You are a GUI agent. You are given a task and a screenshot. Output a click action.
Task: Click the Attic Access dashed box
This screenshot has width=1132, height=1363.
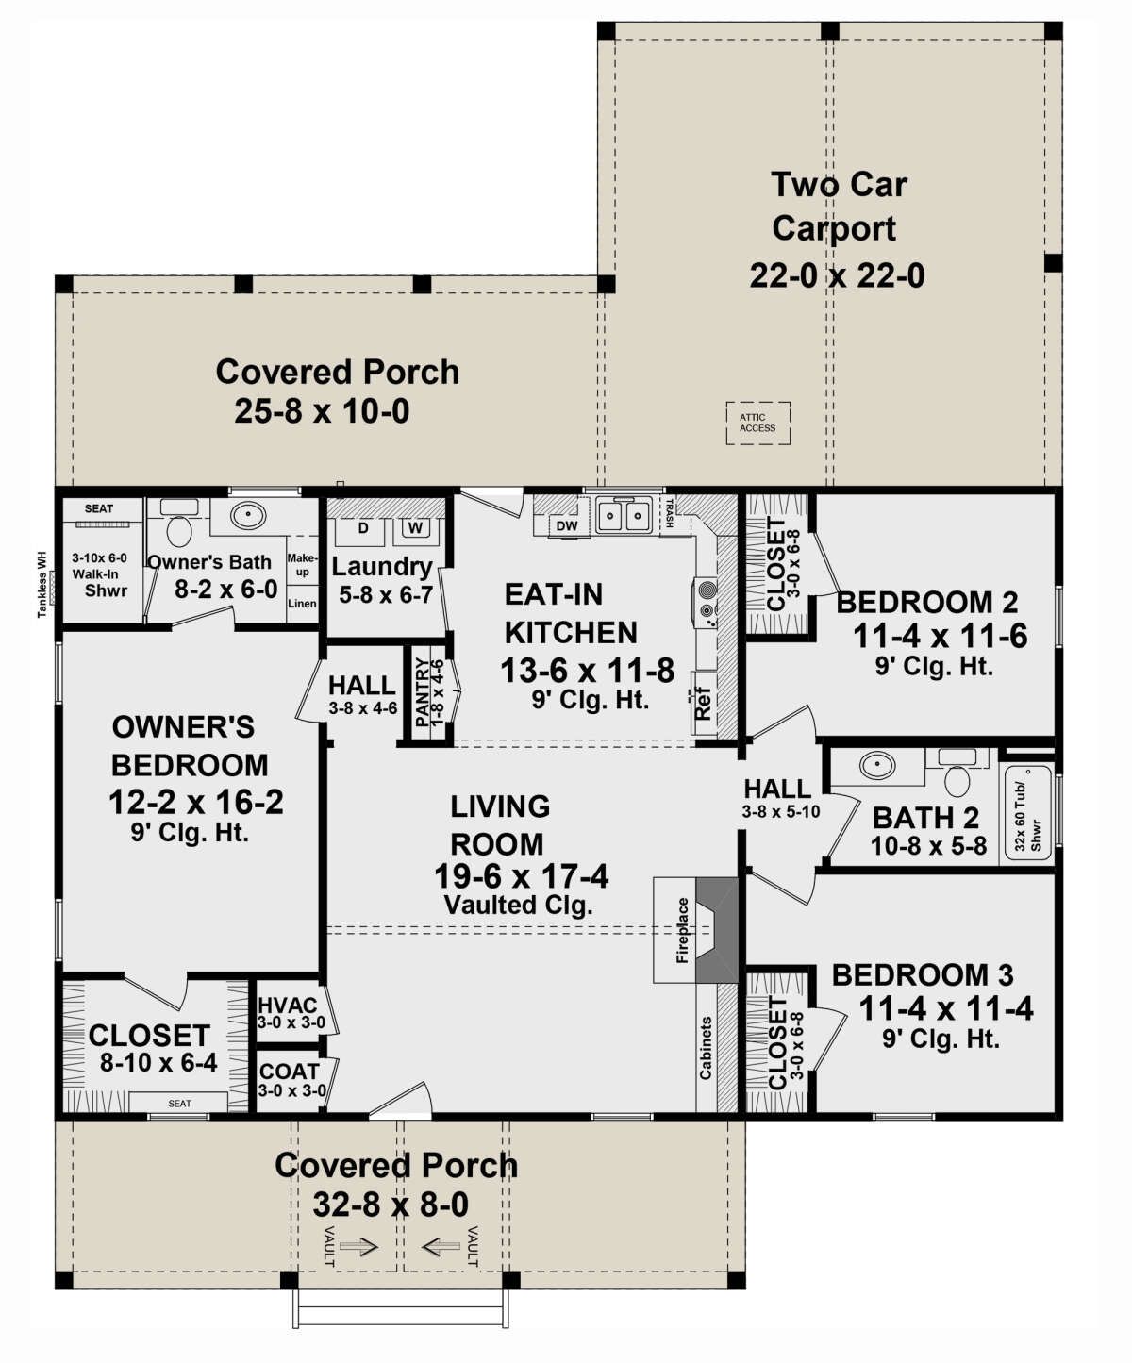(757, 423)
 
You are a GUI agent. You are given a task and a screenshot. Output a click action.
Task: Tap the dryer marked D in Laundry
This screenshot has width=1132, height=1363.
(363, 532)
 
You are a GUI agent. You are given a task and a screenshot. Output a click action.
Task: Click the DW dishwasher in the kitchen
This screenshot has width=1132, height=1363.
(567, 526)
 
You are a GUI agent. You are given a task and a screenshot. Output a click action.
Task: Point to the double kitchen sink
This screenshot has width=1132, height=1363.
(624, 515)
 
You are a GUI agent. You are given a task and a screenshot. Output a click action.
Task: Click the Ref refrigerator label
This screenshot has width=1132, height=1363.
(703, 703)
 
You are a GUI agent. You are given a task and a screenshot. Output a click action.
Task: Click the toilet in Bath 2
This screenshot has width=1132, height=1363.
(957, 773)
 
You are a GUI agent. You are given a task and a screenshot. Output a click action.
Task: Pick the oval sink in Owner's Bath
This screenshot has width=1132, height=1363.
(248, 517)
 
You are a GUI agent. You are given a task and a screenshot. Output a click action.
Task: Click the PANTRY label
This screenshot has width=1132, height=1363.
(423, 692)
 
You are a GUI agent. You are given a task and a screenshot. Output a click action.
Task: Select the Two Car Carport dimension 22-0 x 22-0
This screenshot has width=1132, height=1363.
(837, 275)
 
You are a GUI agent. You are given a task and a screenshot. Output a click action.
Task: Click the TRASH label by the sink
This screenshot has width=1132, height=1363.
(669, 513)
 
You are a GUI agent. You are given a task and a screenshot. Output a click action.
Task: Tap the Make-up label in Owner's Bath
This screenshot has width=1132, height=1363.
(302, 565)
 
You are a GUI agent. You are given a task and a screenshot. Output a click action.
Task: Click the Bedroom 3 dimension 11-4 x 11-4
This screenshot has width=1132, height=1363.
(946, 1009)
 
